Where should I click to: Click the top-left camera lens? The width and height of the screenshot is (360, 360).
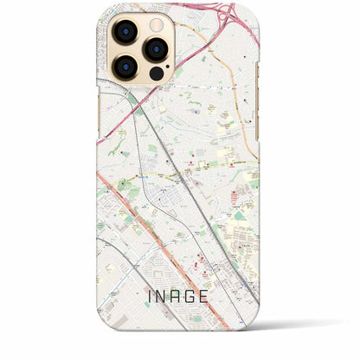[x=125, y=34]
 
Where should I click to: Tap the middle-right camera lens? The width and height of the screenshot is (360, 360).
[x=156, y=48]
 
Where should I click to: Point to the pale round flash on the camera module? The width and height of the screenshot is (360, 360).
[x=157, y=27]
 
